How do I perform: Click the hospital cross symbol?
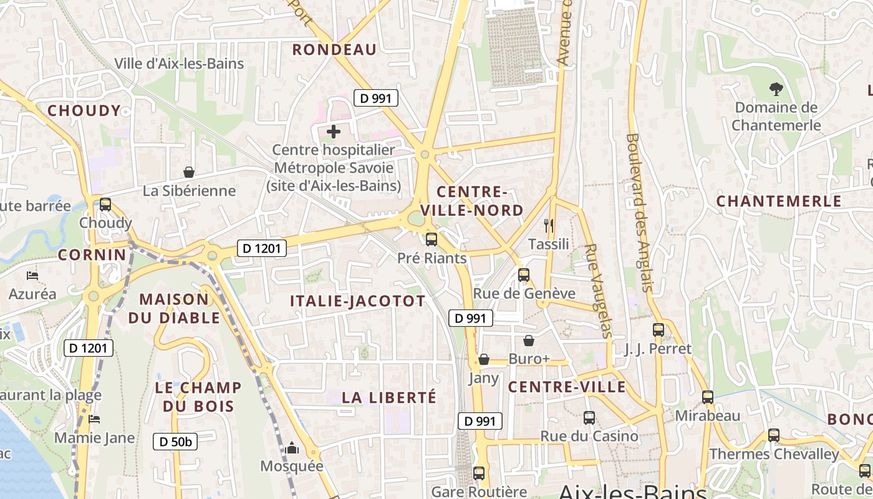[x=334, y=132]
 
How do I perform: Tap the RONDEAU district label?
[x=334, y=50]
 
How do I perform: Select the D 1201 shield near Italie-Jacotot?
[x=262, y=248]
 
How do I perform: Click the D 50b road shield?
[x=175, y=442]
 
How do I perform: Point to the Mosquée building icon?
[x=292, y=448]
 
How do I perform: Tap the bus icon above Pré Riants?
[x=431, y=240]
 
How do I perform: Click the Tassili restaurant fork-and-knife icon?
[x=549, y=226]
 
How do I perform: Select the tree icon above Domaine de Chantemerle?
[x=776, y=89]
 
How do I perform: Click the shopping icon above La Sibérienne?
[x=189, y=172]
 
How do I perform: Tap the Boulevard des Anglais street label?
[x=640, y=213]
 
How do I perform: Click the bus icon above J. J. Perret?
[x=658, y=330]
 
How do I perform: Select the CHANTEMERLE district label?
[x=779, y=201]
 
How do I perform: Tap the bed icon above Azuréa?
[x=32, y=275]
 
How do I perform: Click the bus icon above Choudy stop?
[x=105, y=204]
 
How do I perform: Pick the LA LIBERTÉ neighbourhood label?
[x=389, y=397]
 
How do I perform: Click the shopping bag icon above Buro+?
[x=529, y=341]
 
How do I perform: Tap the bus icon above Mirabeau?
[x=707, y=397]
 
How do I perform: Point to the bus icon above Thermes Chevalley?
[x=774, y=435]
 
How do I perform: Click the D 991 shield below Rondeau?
[x=375, y=98]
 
